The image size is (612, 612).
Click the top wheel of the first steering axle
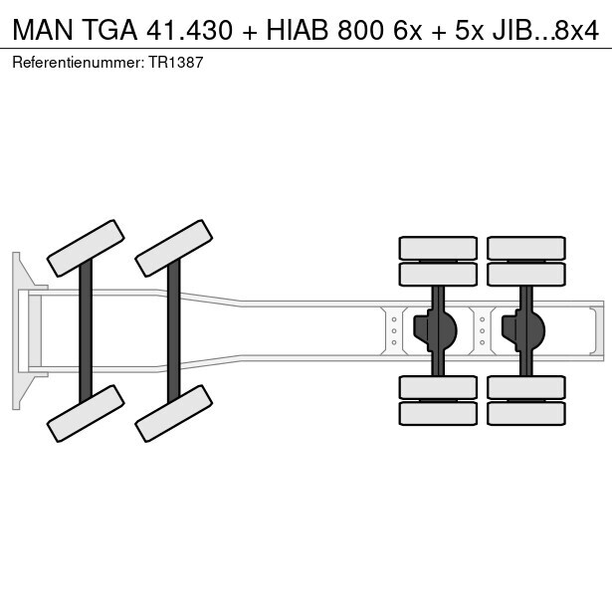[x=86, y=248]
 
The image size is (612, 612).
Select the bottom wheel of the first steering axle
[x=86, y=413]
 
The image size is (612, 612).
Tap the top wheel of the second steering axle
[x=174, y=248]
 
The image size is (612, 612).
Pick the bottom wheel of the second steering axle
[x=174, y=413]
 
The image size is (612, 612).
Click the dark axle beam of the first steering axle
[x=86, y=330]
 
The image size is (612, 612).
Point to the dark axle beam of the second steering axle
[x=174, y=330]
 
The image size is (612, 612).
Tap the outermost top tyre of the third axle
[x=438, y=248]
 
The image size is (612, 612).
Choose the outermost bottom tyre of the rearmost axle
[x=526, y=413]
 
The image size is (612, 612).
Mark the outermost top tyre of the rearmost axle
[x=526, y=248]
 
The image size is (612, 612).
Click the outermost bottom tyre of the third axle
[x=438, y=413]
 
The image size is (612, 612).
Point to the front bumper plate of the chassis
[x=17, y=330]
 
